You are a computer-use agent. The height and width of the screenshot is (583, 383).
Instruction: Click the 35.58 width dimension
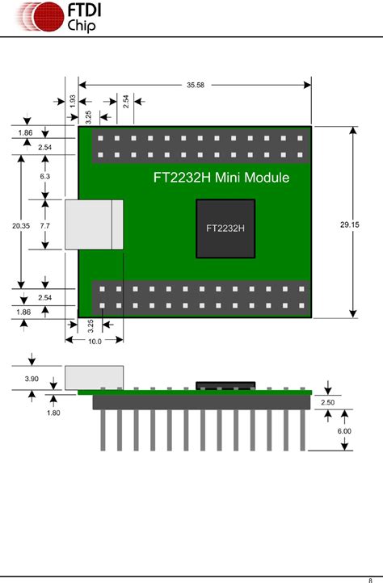(195, 85)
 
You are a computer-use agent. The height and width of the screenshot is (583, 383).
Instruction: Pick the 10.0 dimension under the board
(94, 342)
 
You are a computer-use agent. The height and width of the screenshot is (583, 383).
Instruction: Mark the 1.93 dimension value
(73, 102)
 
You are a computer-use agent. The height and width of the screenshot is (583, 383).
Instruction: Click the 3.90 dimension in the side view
(32, 379)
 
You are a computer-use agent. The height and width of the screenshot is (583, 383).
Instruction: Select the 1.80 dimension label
(54, 413)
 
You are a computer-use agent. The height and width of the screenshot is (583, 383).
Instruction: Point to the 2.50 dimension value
(328, 402)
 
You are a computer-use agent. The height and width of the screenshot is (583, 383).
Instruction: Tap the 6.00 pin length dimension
(344, 431)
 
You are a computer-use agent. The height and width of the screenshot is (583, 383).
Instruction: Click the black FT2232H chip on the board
(225, 229)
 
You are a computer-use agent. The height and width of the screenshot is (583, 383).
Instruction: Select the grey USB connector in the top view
(94, 224)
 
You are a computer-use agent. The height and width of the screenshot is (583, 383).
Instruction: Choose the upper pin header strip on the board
(201, 145)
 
